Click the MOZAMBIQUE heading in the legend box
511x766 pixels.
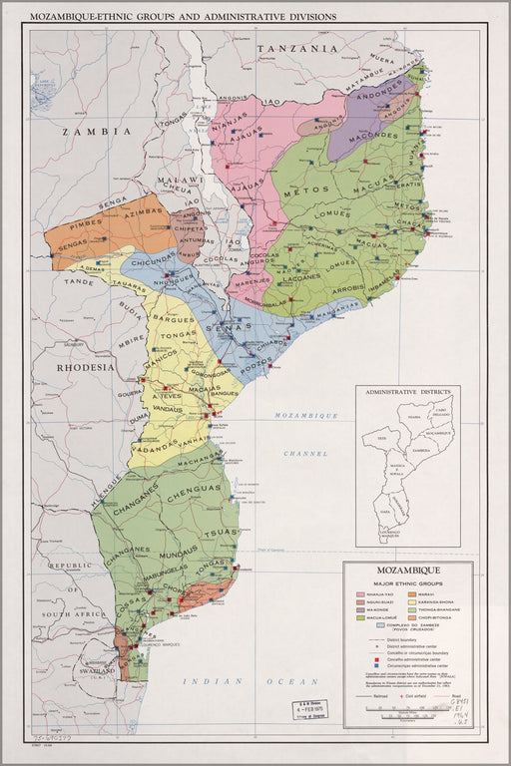click(409, 572)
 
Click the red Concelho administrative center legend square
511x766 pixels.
click(365, 659)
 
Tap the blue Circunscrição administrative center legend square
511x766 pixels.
click(365, 667)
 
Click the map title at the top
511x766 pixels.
click(183, 17)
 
